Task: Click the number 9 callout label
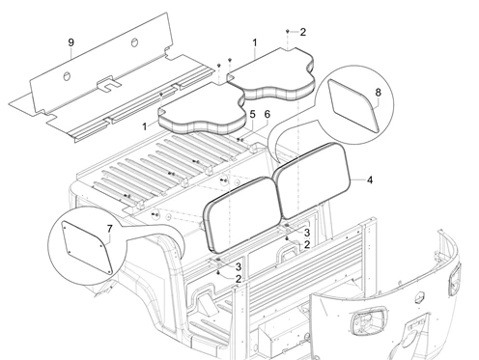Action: coord(71,42)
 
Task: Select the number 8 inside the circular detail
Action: coord(379,93)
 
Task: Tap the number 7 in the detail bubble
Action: coord(110,229)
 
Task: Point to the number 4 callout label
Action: coord(370,180)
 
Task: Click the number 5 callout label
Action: coord(253,114)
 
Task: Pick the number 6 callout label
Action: coord(268,114)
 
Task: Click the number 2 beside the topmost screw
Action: coord(303,32)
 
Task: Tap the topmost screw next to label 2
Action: coord(287,32)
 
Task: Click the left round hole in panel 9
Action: coord(67,76)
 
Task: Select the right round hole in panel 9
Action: coord(134,42)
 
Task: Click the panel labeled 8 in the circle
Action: coord(354,106)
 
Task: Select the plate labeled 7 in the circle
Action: coord(87,247)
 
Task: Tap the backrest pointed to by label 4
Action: coord(312,180)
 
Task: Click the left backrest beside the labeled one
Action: coord(240,214)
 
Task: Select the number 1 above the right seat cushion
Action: coord(255,42)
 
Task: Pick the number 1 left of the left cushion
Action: coord(145,126)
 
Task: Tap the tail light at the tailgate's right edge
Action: coord(455,279)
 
